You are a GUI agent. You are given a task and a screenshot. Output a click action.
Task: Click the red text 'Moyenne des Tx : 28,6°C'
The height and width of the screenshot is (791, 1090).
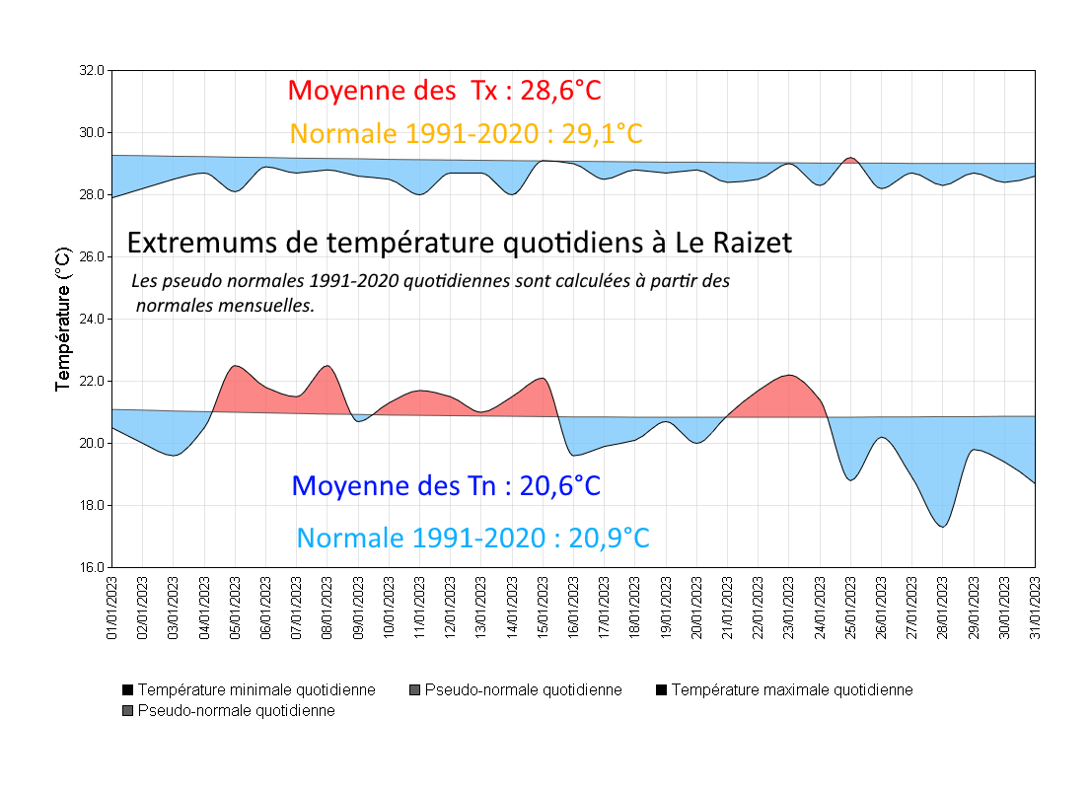tap(444, 91)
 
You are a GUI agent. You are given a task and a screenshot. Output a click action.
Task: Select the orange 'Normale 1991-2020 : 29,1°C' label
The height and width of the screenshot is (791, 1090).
tap(466, 134)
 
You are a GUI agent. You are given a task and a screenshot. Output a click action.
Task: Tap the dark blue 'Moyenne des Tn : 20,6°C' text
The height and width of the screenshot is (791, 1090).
tap(446, 486)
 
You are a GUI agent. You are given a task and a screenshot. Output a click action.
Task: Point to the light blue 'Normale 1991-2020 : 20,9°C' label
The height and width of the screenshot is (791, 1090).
tap(472, 539)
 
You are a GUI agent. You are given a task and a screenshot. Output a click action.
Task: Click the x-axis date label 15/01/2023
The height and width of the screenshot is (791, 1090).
tap(544, 609)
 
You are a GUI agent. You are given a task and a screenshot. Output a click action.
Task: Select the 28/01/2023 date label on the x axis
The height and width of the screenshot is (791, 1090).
tap(943, 609)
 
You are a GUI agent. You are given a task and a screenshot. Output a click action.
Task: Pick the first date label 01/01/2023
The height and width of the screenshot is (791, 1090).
tap(112, 609)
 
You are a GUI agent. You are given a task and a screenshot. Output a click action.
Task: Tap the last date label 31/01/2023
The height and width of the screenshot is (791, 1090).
tap(1035, 609)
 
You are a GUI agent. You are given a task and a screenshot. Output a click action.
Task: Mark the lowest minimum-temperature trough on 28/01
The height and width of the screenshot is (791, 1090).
tap(942, 525)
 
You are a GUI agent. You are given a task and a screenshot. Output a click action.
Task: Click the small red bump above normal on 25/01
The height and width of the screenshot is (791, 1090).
tap(850, 160)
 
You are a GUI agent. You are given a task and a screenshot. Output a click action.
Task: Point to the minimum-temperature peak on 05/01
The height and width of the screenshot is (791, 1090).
tap(235, 368)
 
